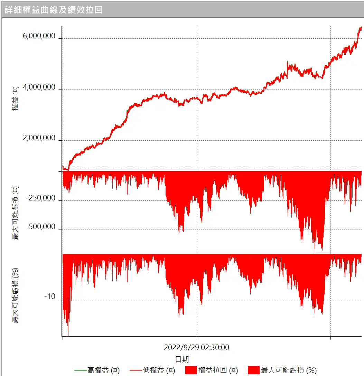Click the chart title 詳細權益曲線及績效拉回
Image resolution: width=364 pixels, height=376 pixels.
tap(54, 9)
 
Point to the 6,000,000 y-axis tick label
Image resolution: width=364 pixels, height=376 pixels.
tap(39, 36)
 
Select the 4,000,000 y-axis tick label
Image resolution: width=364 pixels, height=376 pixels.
tap(39, 87)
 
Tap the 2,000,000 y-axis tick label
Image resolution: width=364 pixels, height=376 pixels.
tap(39, 138)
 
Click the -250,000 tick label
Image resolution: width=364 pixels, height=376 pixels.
tap(40, 198)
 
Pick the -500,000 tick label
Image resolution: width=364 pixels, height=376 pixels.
tap(40, 227)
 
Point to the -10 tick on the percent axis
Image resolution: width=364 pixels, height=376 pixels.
tap(50, 297)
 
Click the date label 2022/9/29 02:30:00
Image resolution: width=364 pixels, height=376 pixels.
tap(196, 347)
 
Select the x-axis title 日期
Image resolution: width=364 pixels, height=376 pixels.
tap(182, 359)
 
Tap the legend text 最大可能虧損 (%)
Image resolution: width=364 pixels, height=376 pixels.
tap(289, 370)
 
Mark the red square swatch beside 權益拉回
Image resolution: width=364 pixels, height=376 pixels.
tap(191, 370)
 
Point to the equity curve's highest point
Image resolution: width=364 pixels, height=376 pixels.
tap(361, 27)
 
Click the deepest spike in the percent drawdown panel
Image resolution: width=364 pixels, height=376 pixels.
tap(68, 335)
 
